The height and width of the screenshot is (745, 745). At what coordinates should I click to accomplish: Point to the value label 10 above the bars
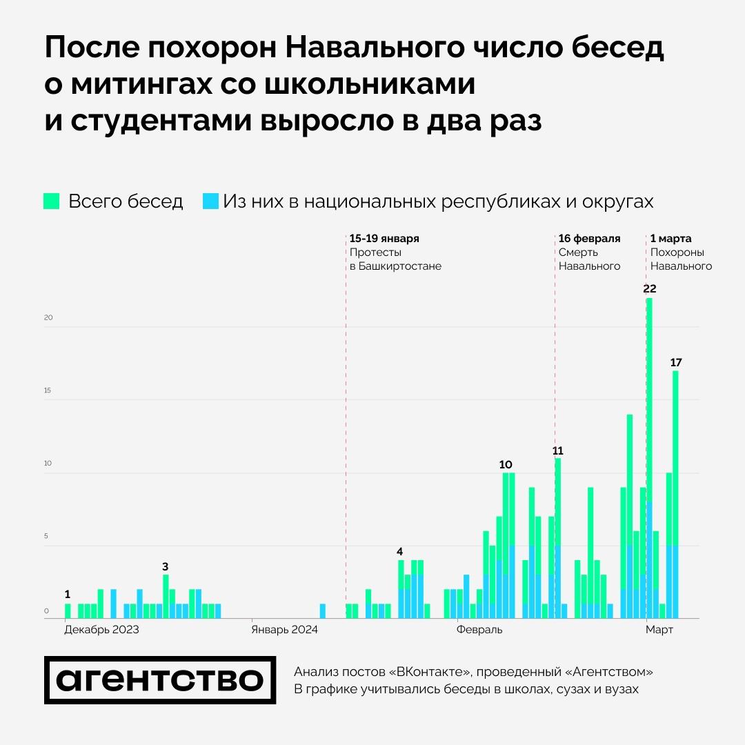pyautogui.click(x=506, y=464)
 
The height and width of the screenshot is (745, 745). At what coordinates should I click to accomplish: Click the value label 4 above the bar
pyautogui.click(x=399, y=551)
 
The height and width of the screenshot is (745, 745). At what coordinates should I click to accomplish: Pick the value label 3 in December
pyautogui.click(x=165, y=566)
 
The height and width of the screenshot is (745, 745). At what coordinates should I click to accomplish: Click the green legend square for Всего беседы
pyautogui.click(x=52, y=201)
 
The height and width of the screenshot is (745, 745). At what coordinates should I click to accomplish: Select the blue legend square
pyautogui.click(x=210, y=201)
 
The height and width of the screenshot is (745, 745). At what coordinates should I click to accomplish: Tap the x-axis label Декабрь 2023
pyautogui.click(x=101, y=630)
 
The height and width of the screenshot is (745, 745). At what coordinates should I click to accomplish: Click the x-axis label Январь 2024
pyautogui.click(x=284, y=630)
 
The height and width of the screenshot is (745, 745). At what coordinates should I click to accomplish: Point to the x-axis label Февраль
pyautogui.click(x=479, y=630)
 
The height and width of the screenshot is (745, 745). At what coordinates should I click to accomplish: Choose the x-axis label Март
pyautogui.click(x=659, y=630)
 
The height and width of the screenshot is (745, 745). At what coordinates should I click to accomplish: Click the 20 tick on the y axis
pyautogui.click(x=48, y=318)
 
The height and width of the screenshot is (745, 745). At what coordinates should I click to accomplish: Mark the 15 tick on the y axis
pyautogui.click(x=48, y=390)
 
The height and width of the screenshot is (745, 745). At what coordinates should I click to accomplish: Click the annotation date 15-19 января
pyautogui.click(x=384, y=239)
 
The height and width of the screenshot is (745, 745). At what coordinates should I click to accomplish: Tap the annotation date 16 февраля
pyautogui.click(x=589, y=239)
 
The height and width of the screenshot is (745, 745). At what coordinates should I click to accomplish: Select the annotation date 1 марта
pyautogui.click(x=670, y=239)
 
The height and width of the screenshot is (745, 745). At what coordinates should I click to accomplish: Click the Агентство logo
pyautogui.click(x=160, y=680)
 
